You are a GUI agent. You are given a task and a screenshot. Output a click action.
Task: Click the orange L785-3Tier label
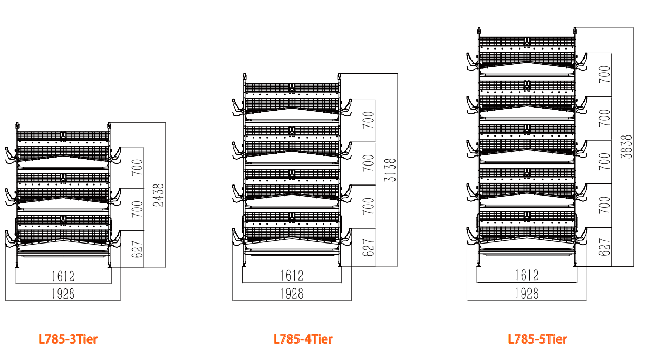coord(68,339)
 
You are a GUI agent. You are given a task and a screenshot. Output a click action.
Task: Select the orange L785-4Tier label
coord(303,339)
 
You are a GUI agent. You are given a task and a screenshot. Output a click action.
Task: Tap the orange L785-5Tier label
coord(538,339)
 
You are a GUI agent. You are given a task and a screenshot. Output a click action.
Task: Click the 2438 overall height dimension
coord(158,195)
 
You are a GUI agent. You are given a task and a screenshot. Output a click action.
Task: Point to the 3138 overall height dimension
coord(391,170)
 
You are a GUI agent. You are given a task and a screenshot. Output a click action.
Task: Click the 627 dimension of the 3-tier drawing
coord(137,249)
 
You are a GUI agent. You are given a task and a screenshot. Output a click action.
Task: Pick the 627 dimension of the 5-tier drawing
coord(605,247)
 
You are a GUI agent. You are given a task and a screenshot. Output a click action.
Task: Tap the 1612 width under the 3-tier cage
coord(63,276)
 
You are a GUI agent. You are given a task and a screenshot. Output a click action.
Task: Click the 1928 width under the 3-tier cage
coord(63,294)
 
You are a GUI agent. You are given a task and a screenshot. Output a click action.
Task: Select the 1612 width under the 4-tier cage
coord(292,276)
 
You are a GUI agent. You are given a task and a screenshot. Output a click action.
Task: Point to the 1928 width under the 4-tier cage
coord(292,294)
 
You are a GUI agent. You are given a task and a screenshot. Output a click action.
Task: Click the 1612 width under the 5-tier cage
coord(526,276)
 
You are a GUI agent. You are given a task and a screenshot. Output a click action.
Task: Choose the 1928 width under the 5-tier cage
coord(526,294)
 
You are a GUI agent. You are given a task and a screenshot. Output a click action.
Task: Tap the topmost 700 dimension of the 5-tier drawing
coord(605,74)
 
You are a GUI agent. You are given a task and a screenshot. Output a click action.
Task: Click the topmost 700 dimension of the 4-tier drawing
coord(369,120)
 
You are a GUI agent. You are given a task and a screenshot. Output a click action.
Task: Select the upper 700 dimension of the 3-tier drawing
coord(137,167)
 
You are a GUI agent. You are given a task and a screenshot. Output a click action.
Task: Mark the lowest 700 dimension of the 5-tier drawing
coord(605,205)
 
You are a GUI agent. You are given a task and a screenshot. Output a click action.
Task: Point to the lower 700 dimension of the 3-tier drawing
coord(137,210)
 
